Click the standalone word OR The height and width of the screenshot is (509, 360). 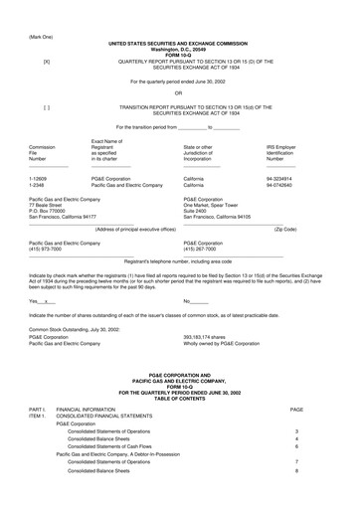pyautogui.click(x=179, y=93)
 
